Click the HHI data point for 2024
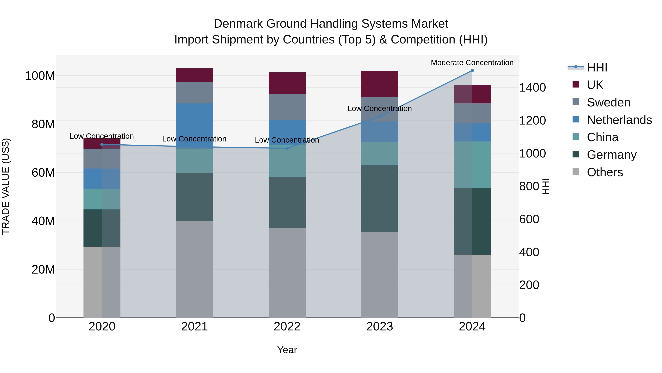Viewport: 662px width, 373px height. tap(472, 71)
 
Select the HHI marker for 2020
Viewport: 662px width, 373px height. tap(102, 144)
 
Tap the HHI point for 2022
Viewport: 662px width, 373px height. tap(287, 148)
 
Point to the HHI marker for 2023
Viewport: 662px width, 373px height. tap(380, 117)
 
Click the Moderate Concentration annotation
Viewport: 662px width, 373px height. tap(472, 63)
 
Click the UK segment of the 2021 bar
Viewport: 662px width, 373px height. tap(195, 75)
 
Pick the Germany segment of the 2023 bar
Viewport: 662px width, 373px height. tap(380, 198)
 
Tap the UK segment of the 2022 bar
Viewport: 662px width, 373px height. tap(287, 83)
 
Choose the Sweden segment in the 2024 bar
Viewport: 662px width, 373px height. tap(472, 113)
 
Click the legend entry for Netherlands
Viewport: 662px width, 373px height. tap(619, 120)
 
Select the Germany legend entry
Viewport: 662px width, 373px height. tap(612, 155)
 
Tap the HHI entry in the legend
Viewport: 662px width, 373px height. tap(597, 67)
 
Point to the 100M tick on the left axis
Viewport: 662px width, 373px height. tap(40, 76)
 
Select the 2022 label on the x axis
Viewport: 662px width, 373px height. tap(287, 327)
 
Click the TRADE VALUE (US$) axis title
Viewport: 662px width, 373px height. tap(6, 186)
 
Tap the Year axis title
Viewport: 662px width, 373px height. tap(287, 350)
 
